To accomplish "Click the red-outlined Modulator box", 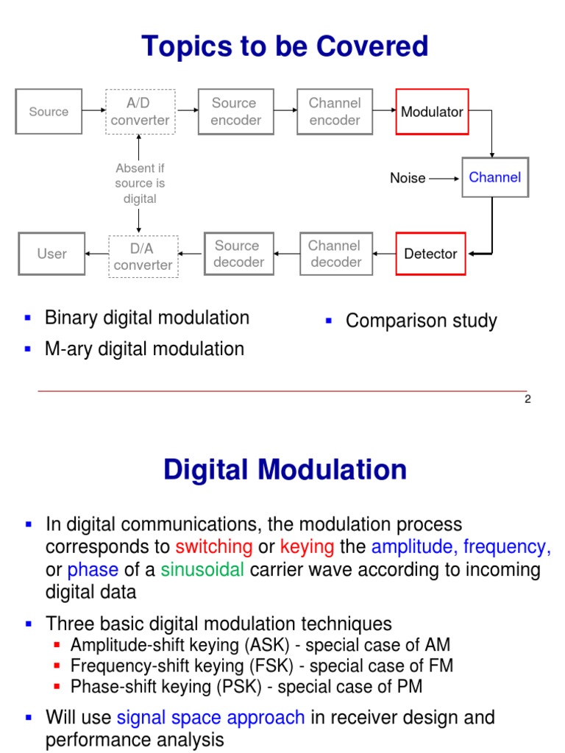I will point(432,112).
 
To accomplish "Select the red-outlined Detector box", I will point(430,254).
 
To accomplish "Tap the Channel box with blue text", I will point(495,177).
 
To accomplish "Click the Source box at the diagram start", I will point(49,112).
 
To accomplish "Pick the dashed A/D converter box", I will point(140,112).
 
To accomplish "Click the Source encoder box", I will point(235,112).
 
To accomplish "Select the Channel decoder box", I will point(335,254).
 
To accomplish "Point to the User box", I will point(51,254).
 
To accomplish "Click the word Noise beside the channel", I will point(408,178).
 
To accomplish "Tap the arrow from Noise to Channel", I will point(444,178).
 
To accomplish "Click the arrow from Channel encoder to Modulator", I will point(384,112).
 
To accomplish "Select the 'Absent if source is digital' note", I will point(139,183).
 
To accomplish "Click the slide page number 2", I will point(527,400).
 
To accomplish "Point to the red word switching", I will point(214,547).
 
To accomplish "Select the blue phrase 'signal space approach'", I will point(210,717).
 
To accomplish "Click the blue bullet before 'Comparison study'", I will point(329,320).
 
